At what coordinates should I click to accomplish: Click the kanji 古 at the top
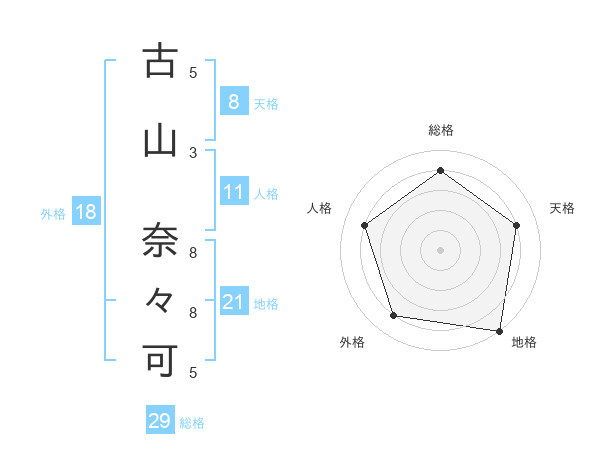pyautogui.click(x=160, y=62)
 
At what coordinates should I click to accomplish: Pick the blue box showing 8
pyautogui.click(x=233, y=102)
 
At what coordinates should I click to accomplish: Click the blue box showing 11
pyautogui.click(x=233, y=192)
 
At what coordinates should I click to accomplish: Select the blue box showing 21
pyautogui.click(x=233, y=302)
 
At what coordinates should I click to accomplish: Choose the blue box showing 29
pyautogui.click(x=159, y=421)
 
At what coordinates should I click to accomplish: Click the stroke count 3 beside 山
pyautogui.click(x=193, y=152)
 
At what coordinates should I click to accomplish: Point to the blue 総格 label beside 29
pyautogui.click(x=192, y=423)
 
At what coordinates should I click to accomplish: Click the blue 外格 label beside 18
pyautogui.click(x=53, y=213)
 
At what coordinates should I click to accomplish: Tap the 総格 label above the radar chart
pyautogui.click(x=440, y=130)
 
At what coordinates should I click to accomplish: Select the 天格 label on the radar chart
pyautogui.click(x=562, y=208)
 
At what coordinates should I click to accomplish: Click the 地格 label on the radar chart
pyautogui.click(x=524, y=343)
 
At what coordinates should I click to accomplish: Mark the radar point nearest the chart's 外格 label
pyautogui.click(x=394, y=316)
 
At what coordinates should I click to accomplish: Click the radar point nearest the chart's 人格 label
pyautogui.click(x=364, y=225)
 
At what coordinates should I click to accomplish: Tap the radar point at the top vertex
pyautogui.click(x=440, y=171)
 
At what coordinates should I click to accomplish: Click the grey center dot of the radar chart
pyautogui.click(x=440, y=249)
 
